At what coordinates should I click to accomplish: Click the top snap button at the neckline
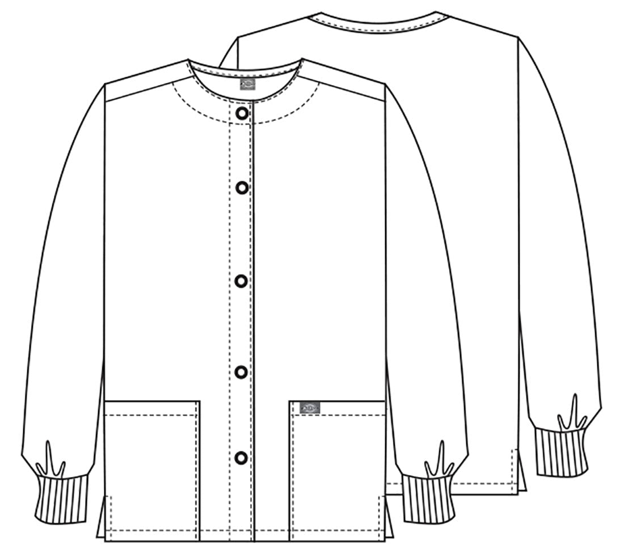click(x=242, y=113)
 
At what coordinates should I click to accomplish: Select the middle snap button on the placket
click(x=242, y=281)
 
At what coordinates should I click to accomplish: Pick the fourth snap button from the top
click(x=242, y=372)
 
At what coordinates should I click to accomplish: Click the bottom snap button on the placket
click(x=242, y=457)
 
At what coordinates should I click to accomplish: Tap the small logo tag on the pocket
click(x=311, y=407)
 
